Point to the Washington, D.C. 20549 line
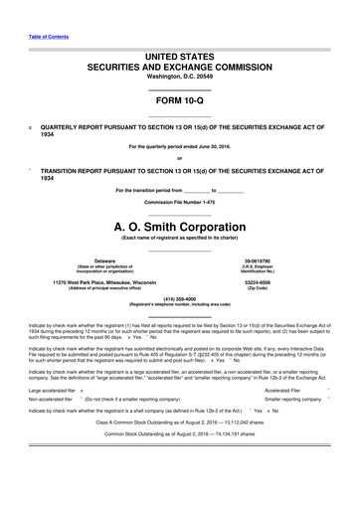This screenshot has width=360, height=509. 180,77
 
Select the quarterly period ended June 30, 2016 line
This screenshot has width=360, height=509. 180,146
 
